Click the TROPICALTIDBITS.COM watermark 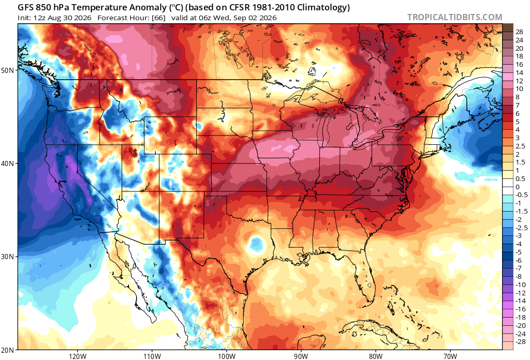point(454,17)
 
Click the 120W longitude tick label point(77,356)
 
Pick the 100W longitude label point(226,356)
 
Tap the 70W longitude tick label point(450,356)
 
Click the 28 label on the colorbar point(519,32)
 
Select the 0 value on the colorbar point(518,187)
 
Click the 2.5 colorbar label point(520,146)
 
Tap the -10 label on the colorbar point(521,284)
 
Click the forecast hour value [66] point(158,18)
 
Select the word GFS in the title point(26,7)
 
